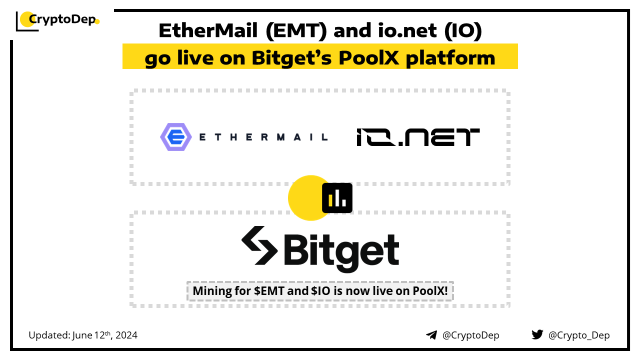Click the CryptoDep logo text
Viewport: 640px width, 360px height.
[x=62, y=19]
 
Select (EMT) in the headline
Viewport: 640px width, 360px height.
[x=296, y=31]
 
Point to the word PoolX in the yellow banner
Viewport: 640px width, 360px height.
[x=368, y=58]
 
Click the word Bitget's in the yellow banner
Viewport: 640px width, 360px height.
[x=291, y=58]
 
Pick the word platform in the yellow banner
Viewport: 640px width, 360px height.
[x=450, y=58]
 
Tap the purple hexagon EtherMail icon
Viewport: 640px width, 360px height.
[x=175, y=137]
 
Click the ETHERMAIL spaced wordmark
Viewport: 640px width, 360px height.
[x=263, y=137]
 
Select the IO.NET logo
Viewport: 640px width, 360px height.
[x=418, y=137]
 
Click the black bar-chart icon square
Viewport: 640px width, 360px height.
[x=337, y=198]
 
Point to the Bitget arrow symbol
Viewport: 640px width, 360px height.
[x=259, y=245]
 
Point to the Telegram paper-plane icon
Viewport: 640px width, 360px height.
[x=431, y=335]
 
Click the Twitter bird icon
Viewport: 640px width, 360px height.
[x=537, y=334]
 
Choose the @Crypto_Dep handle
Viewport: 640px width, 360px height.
[x=579, y=335]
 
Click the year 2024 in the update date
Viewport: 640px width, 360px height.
[x=126, y=335]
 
